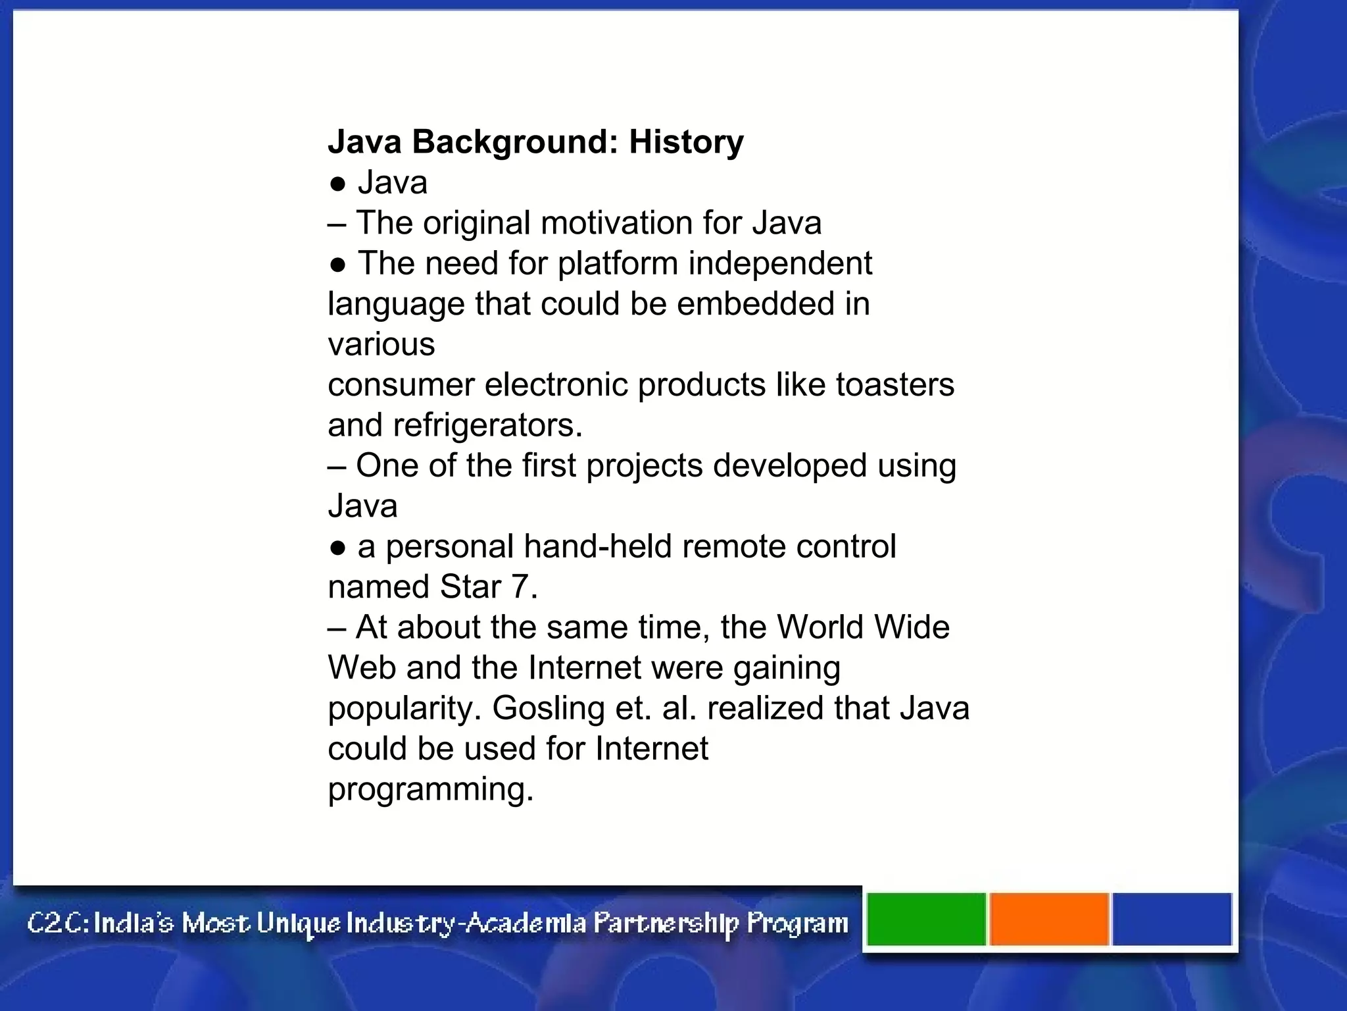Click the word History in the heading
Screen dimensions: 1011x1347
coord(686,142)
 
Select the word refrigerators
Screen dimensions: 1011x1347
coord(487,425)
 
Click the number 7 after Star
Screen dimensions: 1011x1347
coord(520,587)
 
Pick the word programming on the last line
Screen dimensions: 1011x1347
coord(430,790)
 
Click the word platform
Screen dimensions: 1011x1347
coord(618,263)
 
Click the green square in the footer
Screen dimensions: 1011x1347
coord(926,919)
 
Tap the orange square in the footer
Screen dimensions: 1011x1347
coord(1049,919)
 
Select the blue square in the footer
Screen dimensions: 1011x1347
coord(1171,919)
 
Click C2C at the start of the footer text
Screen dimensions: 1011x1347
coord(55,923)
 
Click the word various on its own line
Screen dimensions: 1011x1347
coord(381,344)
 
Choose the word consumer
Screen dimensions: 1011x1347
coord(401,385)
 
